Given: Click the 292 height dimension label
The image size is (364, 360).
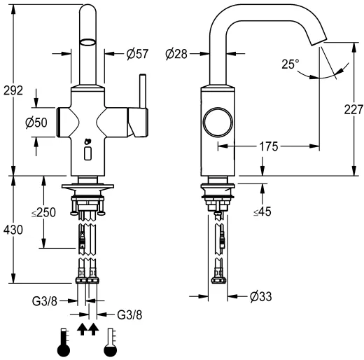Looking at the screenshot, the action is [x=13, y=90].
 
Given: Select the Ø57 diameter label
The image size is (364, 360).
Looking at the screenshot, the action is [x=137, y=54].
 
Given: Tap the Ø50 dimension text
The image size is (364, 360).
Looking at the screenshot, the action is [x=36, y=123].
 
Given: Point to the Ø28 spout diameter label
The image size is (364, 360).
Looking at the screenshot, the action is [x=176, y=54].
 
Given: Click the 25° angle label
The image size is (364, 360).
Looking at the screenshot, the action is [x=290, y=64].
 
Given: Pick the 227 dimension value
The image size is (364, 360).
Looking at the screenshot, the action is [x=353, y=109].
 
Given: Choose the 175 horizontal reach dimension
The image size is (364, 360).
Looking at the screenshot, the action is [x=269, y=146].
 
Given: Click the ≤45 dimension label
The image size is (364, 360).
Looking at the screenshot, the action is [x=262, y=212].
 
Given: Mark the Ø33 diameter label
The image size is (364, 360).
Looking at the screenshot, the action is [x=261, y=297].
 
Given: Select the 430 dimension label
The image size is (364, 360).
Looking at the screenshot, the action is [x=13, y=230].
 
